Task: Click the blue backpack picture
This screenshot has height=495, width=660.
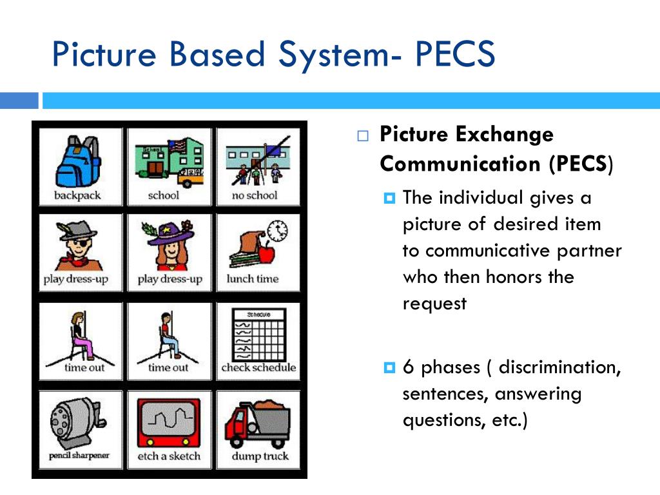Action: (x=76, y=162)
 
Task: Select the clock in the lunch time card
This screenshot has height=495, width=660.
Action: (x=277, y=231)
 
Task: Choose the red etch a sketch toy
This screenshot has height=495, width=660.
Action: (x=169, y=422)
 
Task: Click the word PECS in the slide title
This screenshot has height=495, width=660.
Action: (x=454, y=54)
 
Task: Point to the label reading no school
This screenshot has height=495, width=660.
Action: (x=254, y=195)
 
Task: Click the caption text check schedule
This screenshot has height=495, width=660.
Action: (x=258, y=367)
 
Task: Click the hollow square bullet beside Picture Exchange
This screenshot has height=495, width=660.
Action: (x=364, y=136)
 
